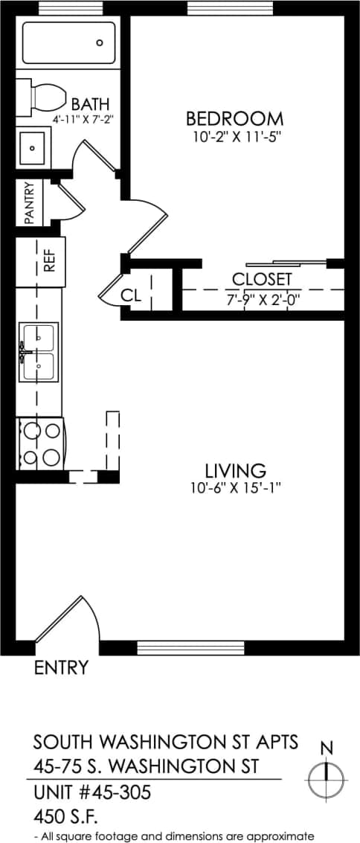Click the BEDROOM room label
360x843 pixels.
pyautogui.click(x=234, y=118)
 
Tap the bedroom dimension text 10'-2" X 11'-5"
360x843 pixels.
pyautogui.click(x=234, y=136)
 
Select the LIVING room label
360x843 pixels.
pyautogui.click(x=235, y=471)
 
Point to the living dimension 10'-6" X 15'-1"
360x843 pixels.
pyautogui.click(x=235, y=488)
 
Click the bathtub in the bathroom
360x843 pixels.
pyautogui.click(x=69, y=43)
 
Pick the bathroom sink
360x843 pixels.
pyautogui.click(x=32, y=148)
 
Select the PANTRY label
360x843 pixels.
pyautogui.click(x=30, y=203)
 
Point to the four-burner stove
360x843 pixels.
pyautogui.click(x=40, y=443)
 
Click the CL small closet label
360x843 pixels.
pyautogui.click(x=131, y=295)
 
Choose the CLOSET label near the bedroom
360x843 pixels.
pyautogui.click(x=262, y=280)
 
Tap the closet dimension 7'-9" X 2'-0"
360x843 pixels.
pyautogui.click(x=262, y=300)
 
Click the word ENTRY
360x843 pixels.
pyautogui.click(x=61, y=668)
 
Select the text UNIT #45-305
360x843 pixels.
pyautogui.click(x=92, y=793)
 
